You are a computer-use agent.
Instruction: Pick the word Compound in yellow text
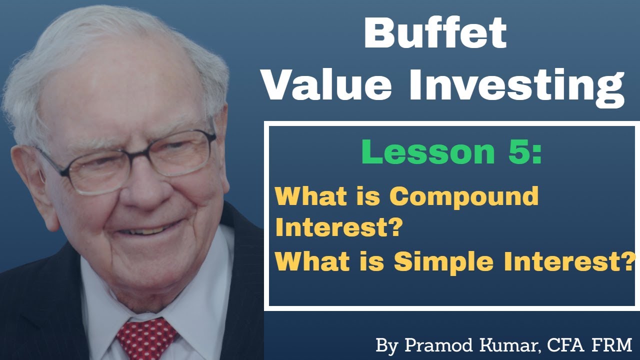point(464,196)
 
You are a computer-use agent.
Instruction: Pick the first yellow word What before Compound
point(304,196)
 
